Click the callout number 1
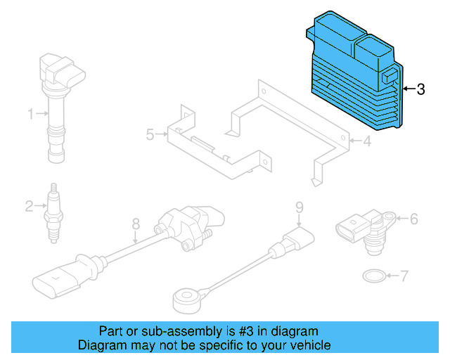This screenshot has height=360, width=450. [x=31, y=113]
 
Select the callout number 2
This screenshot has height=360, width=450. [x=30, y=206]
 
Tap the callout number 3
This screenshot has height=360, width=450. [x=420, y=89]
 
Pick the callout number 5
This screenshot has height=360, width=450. [x=150, y=134]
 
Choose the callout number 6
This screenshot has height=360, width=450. [x=413, y=219]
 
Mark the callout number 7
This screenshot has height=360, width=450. [x=404, y=276]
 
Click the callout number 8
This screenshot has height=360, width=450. [x=136, y=224]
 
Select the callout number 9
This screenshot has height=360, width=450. [x=298, y=207]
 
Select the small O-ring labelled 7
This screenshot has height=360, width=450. [x=373, y=275]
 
